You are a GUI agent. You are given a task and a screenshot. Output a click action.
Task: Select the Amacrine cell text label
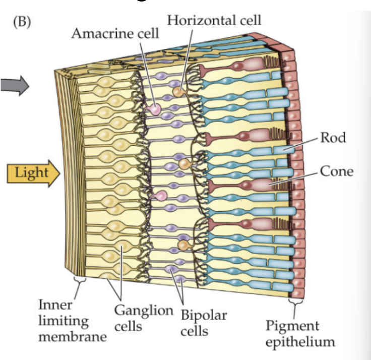tap(115, 34)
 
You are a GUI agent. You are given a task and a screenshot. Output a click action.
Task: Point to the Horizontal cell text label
tap(214, 21)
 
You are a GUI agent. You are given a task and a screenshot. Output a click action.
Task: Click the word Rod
tap(333, 138)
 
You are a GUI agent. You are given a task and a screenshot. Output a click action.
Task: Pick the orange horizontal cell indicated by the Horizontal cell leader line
tap(178, 92)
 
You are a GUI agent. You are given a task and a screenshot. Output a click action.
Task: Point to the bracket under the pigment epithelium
tap(293, 304)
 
